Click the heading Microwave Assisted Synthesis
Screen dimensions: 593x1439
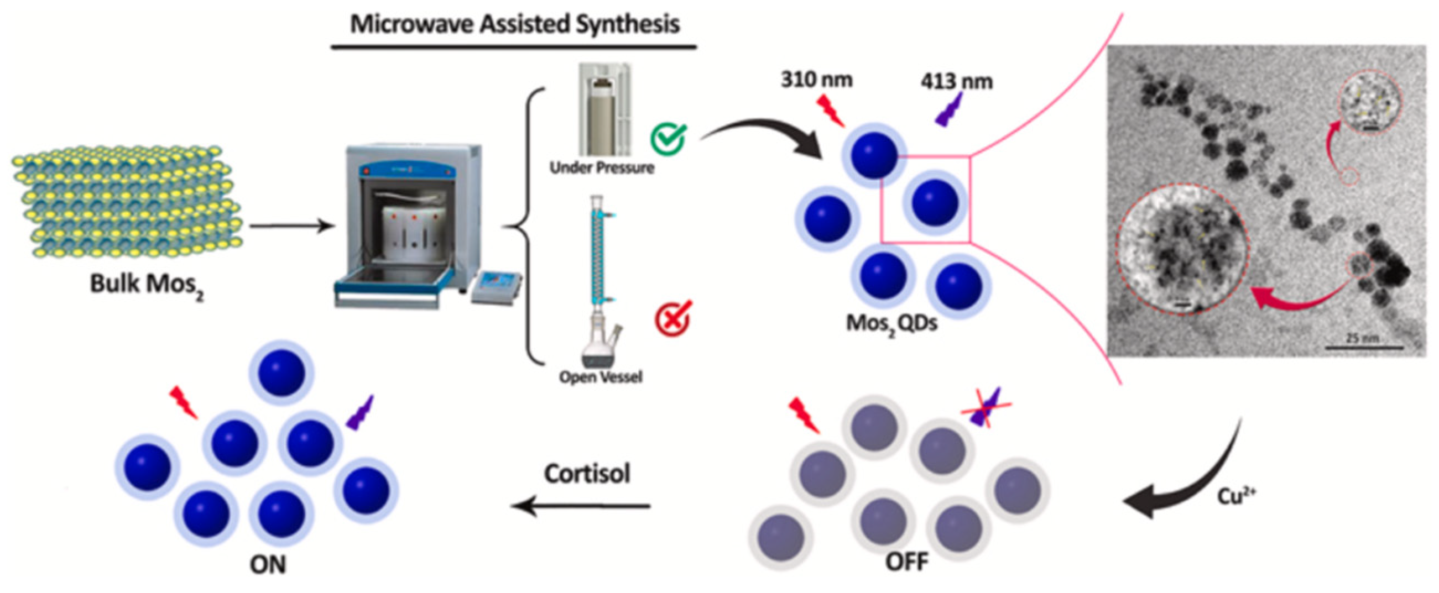pyautogui.click(x=514, y=24)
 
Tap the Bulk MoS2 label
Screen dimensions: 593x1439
pyautogui.click(x=147, y=285)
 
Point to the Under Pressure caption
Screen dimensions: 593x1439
pyautogui.click(x=602, y=167)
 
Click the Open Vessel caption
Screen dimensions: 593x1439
pyautogui.click(x=601, y=377)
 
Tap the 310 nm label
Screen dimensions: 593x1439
pyautogui.click(x=816, y=80)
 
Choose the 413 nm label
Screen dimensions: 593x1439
pyautogui.click(x=956, y=82)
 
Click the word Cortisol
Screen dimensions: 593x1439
pyautogui.click(x=587, y=474)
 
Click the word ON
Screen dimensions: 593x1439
pyautogui.click(x=268, y=565)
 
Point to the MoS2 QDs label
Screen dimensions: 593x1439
pyautogui.click(x=891, y=324)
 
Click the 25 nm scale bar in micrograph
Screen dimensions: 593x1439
pyautogui.click(x=1364, y=347)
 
